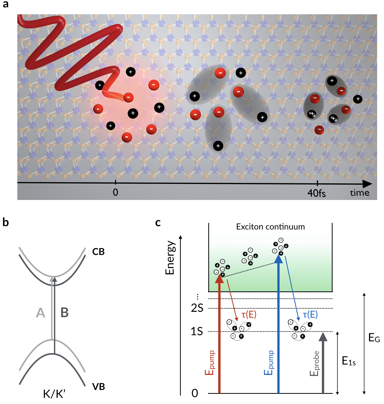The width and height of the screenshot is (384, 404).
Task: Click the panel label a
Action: tap(6, 5)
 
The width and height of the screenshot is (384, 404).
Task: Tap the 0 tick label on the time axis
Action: tap(115, 192)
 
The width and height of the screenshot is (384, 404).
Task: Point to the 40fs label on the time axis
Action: tap(316, 193)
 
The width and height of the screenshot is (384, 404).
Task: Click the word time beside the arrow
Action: tap(360, 193)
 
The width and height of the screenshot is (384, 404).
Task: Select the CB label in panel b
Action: tap(98, 252)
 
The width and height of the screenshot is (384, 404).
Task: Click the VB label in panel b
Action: tap(99, 387)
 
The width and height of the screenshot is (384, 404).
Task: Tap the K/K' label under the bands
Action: tap(54, 394)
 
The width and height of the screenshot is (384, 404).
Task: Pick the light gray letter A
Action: tap(41, 313)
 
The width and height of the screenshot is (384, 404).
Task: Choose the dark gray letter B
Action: tap(64, 313)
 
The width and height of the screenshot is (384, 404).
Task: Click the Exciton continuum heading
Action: tap(270, 227)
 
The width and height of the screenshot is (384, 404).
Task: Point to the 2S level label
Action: tap(197, 308)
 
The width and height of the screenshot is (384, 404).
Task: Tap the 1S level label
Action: tap(197, 331)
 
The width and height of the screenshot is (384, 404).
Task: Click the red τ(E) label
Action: tap(249, 314)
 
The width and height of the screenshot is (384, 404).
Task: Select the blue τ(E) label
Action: tap(310, 314)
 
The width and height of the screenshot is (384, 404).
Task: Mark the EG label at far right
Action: tap(374, 338)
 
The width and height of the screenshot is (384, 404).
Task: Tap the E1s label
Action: tap(349, 361)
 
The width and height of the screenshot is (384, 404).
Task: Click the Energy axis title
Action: tap(170, 258)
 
